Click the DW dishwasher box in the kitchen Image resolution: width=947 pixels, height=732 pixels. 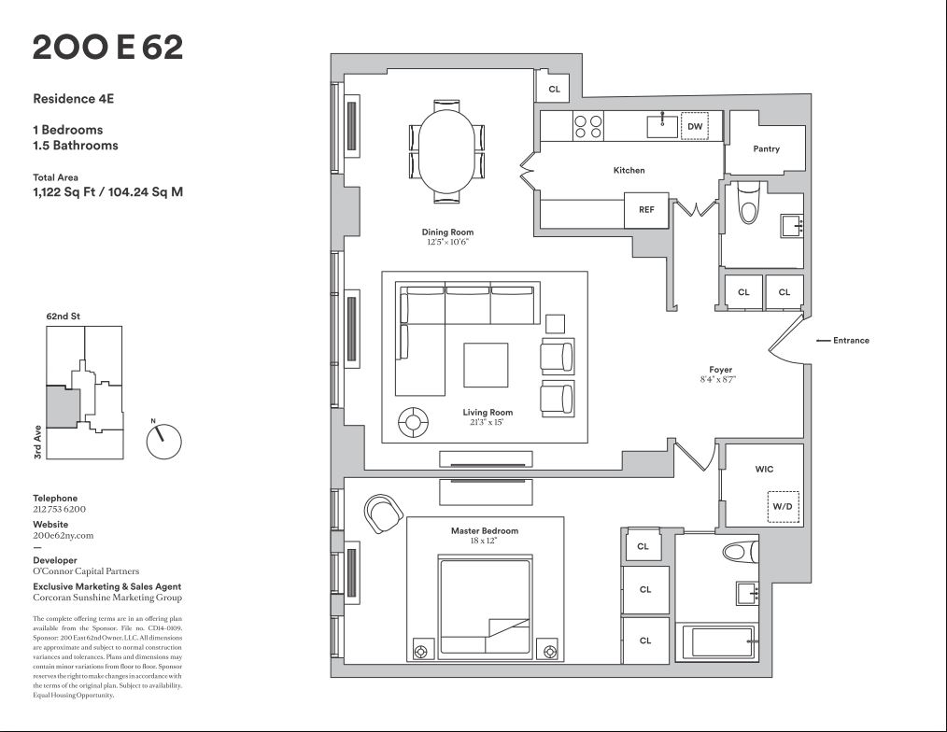694,126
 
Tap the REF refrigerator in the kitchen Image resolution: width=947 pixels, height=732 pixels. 646,210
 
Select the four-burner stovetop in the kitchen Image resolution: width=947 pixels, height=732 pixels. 587,126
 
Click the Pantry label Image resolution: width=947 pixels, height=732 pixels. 766,148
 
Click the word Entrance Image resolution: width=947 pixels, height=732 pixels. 851,341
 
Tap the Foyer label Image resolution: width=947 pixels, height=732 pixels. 720,371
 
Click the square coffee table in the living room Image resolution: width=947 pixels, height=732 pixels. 486,365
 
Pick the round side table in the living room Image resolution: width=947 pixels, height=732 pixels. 412,423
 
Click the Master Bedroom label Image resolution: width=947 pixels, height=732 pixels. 485,531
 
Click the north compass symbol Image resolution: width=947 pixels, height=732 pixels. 163,440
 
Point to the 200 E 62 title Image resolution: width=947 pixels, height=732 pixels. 107,47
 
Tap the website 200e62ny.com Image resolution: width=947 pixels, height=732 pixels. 64,536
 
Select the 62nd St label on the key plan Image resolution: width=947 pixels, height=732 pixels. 64,317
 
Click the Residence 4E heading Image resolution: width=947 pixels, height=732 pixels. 74,97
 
